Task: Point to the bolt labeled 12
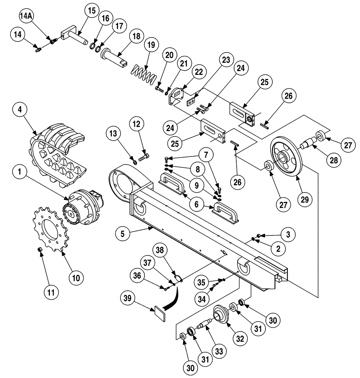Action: (144, 156)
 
